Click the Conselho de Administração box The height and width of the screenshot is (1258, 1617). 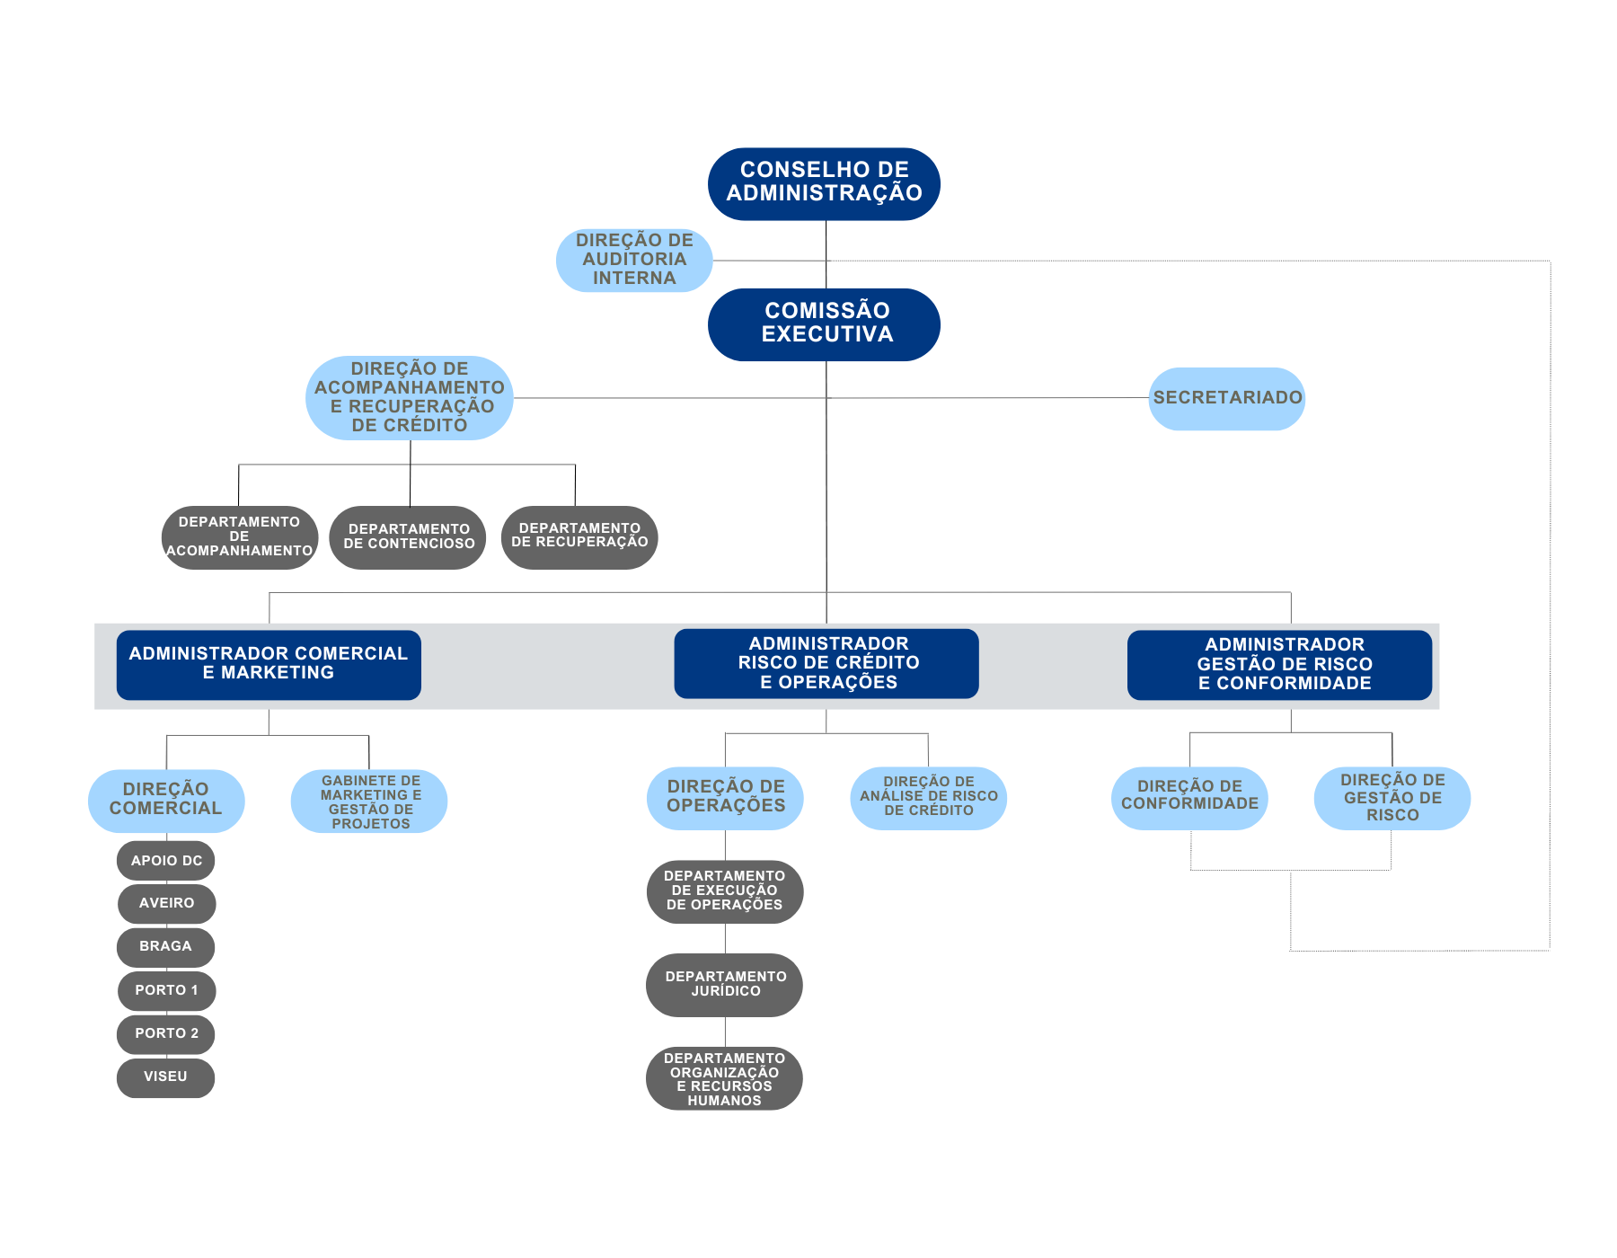point(824,184)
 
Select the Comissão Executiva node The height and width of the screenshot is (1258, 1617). point(824,324)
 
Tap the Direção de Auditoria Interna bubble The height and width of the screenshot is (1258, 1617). point(634,260)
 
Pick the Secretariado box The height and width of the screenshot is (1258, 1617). point(1227,398)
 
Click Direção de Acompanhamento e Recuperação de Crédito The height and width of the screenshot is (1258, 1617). point(410,398)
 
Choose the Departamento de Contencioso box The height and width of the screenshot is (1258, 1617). point(408,537)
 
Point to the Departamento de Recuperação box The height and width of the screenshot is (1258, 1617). point(579,537)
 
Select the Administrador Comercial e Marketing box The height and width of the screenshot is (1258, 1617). point(269,665)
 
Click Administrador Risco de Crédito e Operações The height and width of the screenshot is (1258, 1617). point(826,663)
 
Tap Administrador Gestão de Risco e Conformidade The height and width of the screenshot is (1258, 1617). point(1279,665)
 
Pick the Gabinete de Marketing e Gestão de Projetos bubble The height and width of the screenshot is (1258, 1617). point(369,801)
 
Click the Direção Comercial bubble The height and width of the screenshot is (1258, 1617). point(166,801)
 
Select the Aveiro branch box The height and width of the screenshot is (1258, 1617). point(166,903)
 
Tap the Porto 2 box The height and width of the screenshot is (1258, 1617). point(166,1034)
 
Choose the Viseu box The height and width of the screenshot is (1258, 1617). point(165,1078)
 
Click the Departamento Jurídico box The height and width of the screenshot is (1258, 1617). point(724,985)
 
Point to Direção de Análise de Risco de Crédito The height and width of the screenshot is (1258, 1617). point(928,798)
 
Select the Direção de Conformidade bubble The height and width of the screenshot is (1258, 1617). point(1189,798)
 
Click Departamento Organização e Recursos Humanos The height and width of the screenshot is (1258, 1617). point(724,1078)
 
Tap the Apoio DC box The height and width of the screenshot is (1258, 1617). point(166,860)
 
